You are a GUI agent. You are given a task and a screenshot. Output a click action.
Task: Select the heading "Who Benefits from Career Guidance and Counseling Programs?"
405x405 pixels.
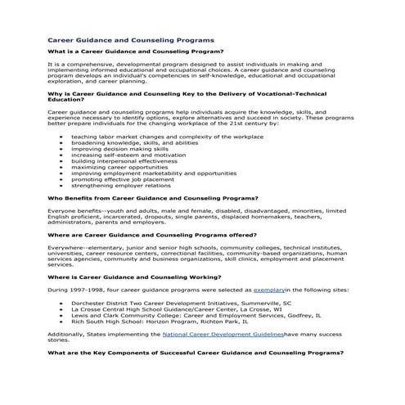(153, 199)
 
